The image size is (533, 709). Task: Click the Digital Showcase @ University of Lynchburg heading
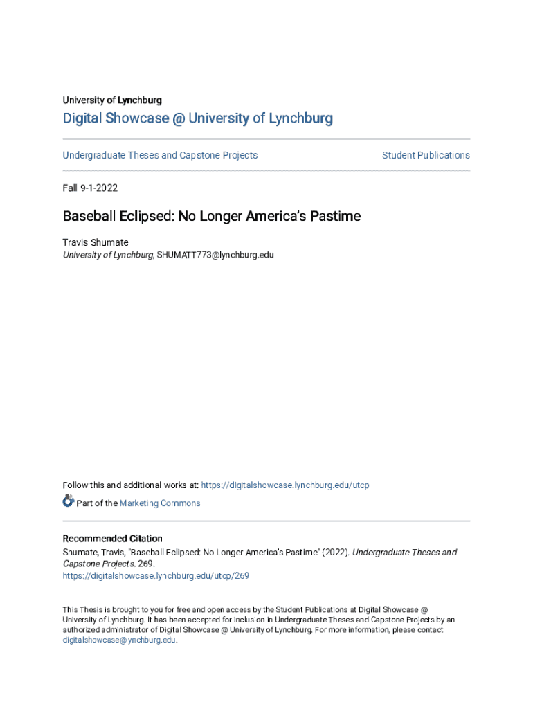(x=198, y=118)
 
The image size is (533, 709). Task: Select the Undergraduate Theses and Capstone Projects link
(x=160, y=155)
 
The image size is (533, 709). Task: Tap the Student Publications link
(x=426, y=155)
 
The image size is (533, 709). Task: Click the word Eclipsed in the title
(x=147, y=217)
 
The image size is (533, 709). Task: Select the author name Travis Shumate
(x=96, y=242)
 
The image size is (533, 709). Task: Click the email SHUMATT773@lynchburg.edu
(x=215, y=255)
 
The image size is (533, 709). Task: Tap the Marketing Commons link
(x=160, y=503)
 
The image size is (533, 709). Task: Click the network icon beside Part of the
(x=68, y=501)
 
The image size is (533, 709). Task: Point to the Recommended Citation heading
(x=113, y=539)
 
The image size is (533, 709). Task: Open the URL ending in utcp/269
(x=156, y=575)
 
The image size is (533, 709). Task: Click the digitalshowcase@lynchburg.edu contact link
(x=119, y=640)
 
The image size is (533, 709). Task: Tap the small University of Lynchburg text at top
(x=112, y=100)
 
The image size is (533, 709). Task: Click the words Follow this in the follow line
(x=80, y=485)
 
